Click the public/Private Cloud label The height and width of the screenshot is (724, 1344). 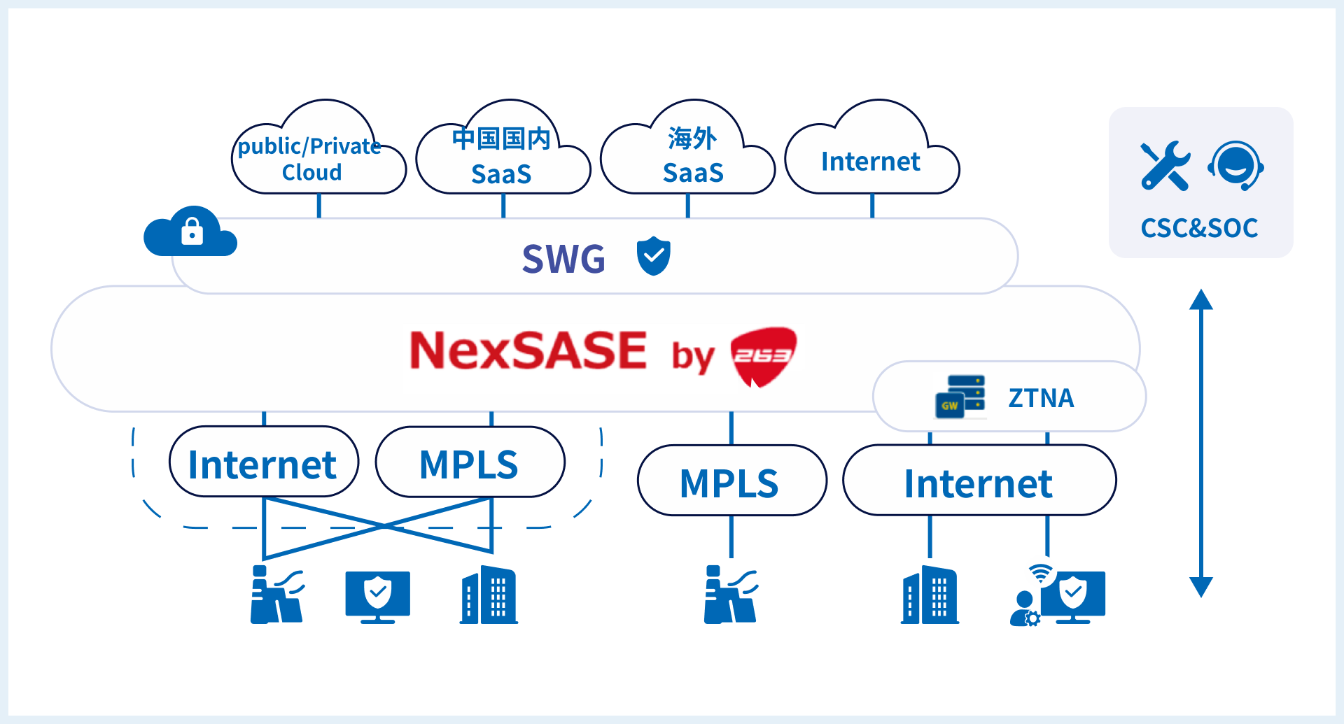(311, 159)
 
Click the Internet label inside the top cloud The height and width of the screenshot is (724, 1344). (870, 162)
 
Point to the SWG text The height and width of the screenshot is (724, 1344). (563, 259)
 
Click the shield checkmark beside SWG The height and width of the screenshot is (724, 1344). (653, 256)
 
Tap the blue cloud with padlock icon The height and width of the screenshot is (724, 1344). (190, 232)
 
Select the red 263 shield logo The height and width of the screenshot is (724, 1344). (763, 356)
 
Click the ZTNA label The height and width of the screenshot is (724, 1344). (1041, 398)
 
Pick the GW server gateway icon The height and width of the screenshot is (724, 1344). (960, 397)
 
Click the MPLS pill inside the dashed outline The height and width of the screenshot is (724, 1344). (469, 464)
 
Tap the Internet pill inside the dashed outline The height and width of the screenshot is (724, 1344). (263, 464)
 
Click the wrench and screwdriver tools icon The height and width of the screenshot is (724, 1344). (1165, 166)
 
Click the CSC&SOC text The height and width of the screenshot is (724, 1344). (1199, 228)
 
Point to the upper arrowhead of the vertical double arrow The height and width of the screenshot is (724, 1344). (1201, 299)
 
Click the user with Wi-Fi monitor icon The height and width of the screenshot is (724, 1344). (1058, 595)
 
